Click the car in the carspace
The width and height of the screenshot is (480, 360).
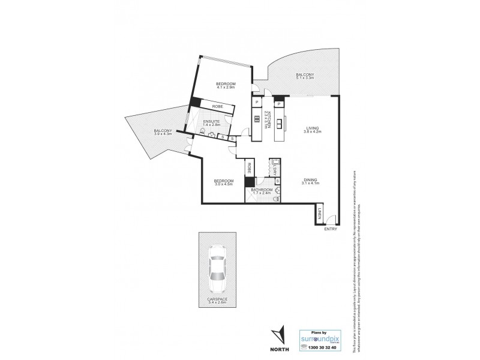coord(216,269)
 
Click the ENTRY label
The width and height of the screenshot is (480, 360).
coord(330,229)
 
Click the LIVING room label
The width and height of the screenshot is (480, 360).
coord(312,128)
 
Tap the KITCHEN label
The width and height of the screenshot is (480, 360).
coord(269,119)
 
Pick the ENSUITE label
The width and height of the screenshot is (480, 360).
coord(211,122)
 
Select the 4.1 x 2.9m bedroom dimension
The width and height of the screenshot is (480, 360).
coord(226,88)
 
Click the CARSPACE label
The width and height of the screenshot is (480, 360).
coord(215,301)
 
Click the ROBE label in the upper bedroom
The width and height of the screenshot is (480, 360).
coord(218,107)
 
